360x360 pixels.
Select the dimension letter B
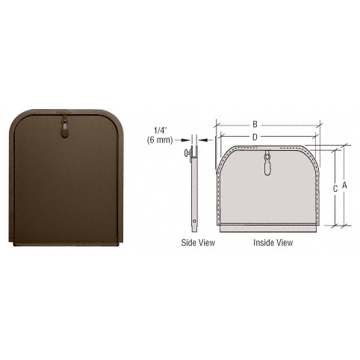[255, 124]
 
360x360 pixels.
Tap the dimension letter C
[335, 189]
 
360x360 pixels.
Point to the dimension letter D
[255, 137]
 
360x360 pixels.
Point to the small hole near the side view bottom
[195, 221]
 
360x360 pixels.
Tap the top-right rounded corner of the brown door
[112, 120]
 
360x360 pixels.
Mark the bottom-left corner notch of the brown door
[13, 242]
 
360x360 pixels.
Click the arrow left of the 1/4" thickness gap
[185, 137]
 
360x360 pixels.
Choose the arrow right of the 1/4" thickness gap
[206, 137]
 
